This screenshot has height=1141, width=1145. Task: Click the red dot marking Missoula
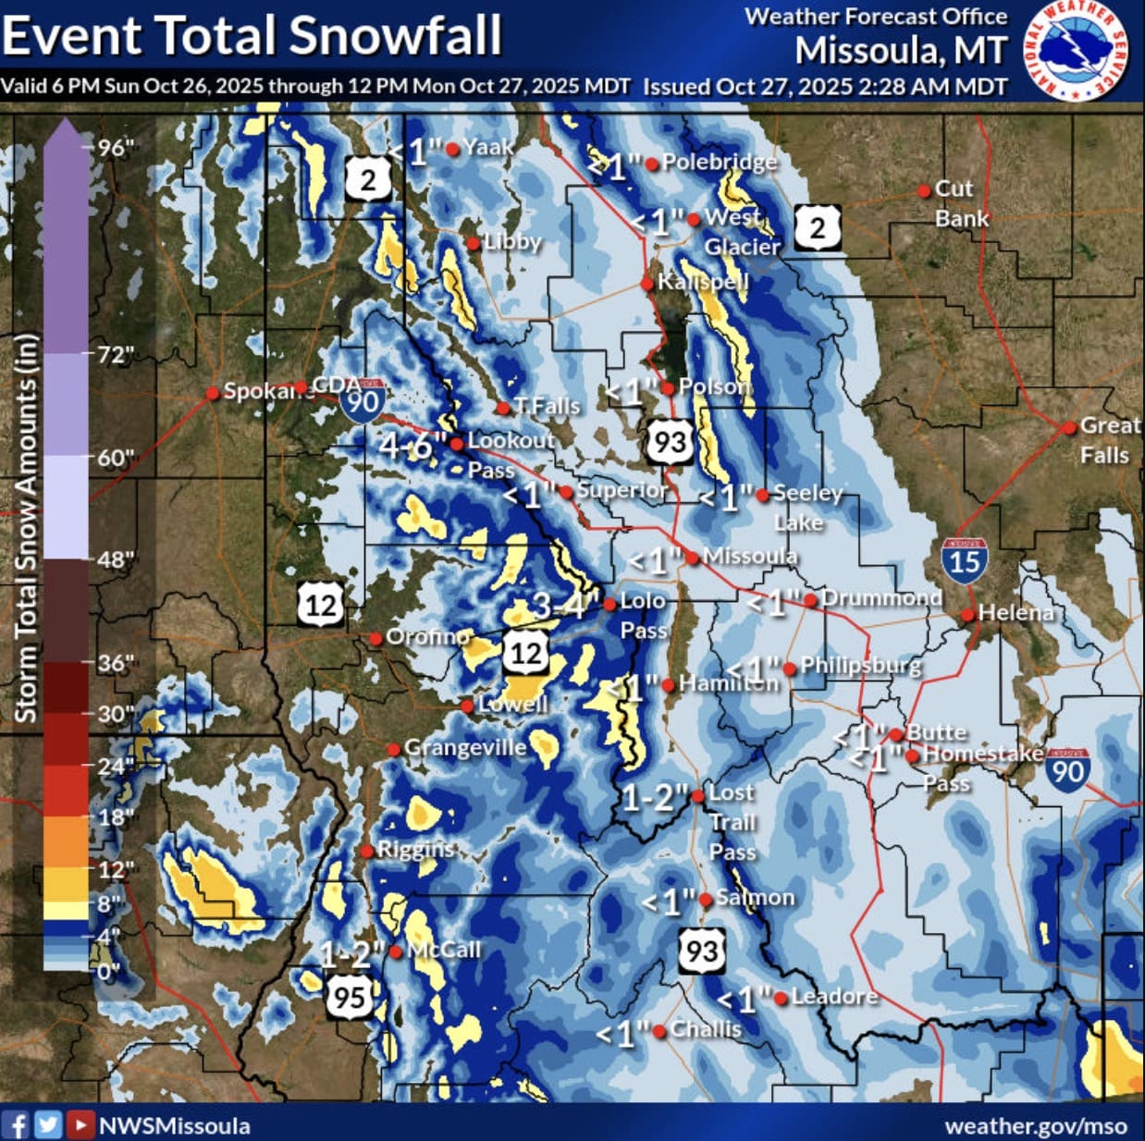click(692, 558)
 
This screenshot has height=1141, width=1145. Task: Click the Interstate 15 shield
click(964, 560)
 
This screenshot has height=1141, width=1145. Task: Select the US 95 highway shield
click(349, 996)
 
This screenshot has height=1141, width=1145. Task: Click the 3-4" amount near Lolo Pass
click(561, 607)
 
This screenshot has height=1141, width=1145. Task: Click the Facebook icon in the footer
click(16, 1124)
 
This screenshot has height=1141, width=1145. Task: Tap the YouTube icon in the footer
click(81, 1124)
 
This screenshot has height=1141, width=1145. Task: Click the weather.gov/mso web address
click(1035, 1125)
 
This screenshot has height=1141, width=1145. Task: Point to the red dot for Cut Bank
click(923, 191)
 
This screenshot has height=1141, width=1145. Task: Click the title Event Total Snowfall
click(252, 35)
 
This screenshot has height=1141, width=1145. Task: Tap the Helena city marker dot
click(967, 614)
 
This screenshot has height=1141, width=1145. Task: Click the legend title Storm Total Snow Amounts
click(26, 527)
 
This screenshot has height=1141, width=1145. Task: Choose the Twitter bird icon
click(48, 1124)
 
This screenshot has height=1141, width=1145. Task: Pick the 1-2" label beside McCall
click(352, 953)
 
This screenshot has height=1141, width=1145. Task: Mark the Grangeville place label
click(465, 747)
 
